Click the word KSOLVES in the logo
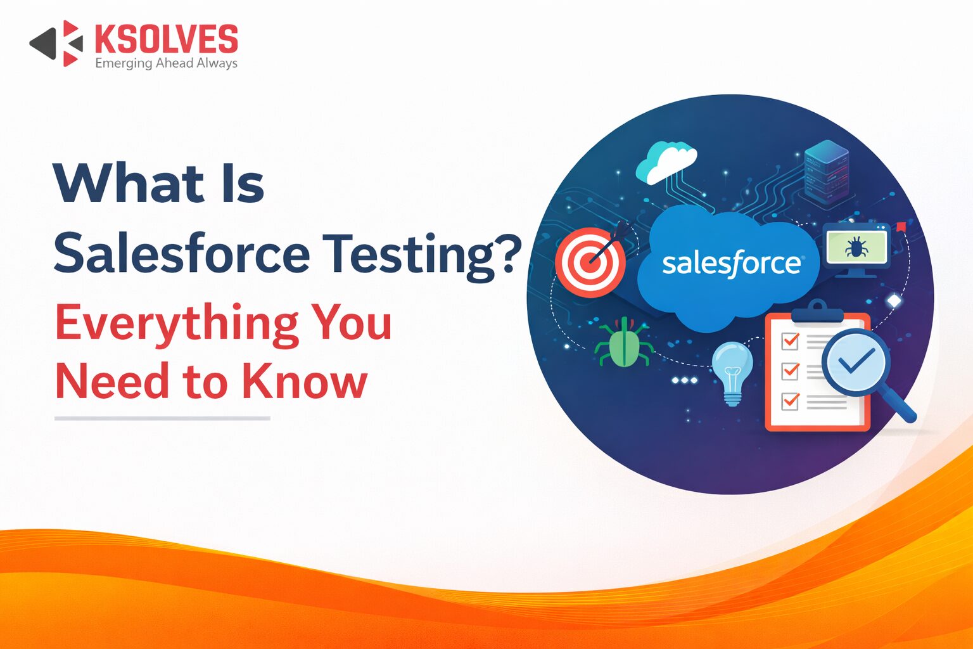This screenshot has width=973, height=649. tap(167, 39)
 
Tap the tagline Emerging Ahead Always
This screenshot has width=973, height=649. tap(167, 63)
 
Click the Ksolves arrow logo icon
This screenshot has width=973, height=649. tap(56, 44)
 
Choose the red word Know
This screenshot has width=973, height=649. tap(305, 380)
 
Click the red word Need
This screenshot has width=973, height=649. tap(112, 380)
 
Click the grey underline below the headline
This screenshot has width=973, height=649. tap(162, 418)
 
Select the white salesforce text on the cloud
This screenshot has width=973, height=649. tap(732, 264)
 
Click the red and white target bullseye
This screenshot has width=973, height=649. tap(590, 262)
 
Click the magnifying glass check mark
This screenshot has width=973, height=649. tap(855, 362)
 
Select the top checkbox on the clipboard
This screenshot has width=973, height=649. tap(790, 341)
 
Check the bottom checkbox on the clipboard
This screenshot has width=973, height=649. tap(790, 401)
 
